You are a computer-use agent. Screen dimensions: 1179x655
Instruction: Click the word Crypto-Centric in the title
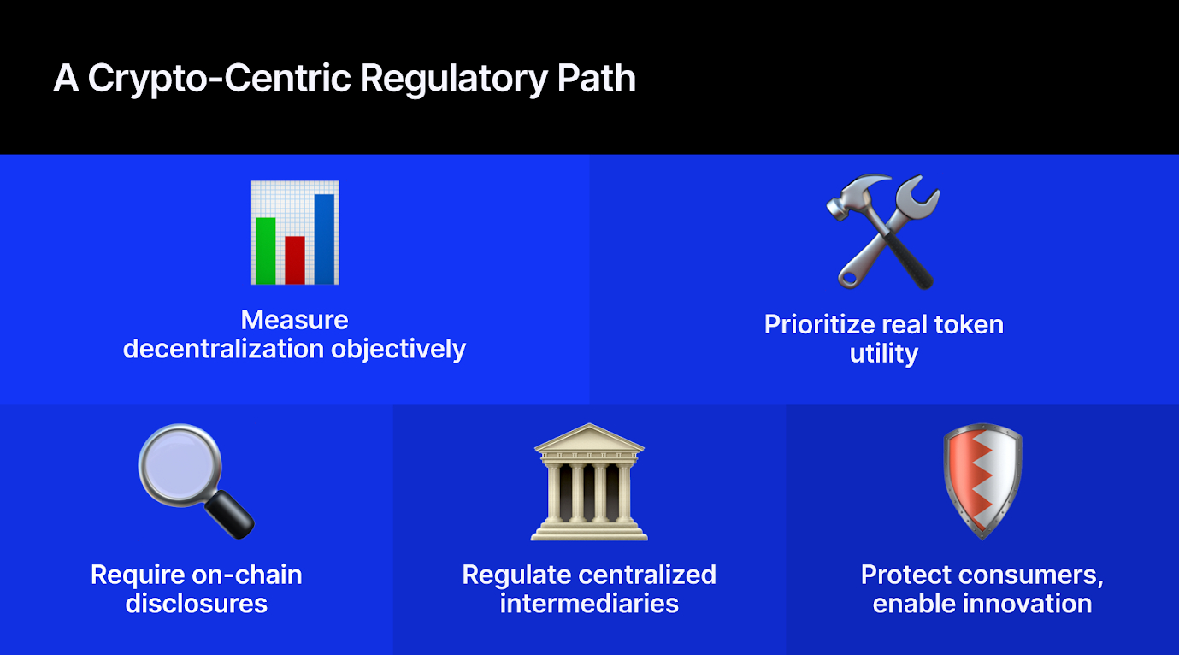click(x=219, y=79)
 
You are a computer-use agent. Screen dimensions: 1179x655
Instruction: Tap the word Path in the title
click(x=597, y=78)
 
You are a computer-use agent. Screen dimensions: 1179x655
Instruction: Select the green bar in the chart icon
click(x=265, y=251)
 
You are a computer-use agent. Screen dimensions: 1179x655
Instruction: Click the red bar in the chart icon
click(x=295, y=260)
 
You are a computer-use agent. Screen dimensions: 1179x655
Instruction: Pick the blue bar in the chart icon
click(x=324, y=239)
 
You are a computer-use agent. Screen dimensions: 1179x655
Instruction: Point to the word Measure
click(x=295, y=320)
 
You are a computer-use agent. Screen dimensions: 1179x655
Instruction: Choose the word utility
click(x=884, y=353)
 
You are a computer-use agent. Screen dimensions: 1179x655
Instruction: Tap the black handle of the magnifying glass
click(x=229, y=515)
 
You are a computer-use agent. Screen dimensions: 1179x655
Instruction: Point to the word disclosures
click(x=197, y=604)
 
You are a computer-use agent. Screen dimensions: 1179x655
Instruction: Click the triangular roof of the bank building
click(x=589, y=438)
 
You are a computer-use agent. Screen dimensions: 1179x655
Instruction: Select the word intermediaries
click(x=589, y=604)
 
